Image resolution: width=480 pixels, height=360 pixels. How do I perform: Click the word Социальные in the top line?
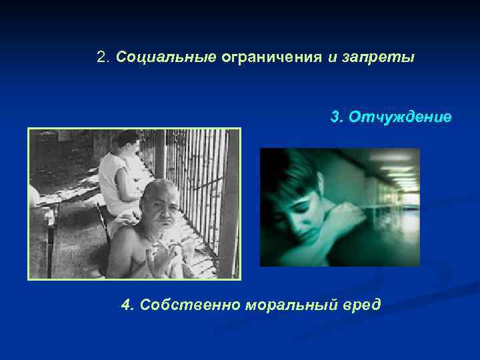(166, 57)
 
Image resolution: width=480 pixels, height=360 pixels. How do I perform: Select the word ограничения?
(271, 57)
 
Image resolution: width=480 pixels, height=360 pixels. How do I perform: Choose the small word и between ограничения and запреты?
(331, 57)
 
